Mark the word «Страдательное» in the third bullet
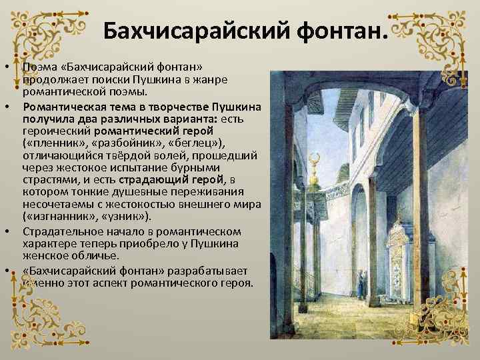pos(64,231)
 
